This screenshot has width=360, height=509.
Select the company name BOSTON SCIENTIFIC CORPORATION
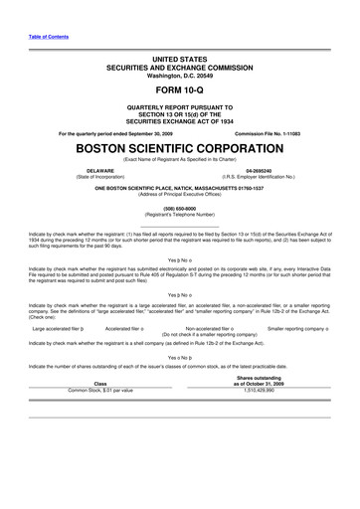(x=180, y=148)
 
